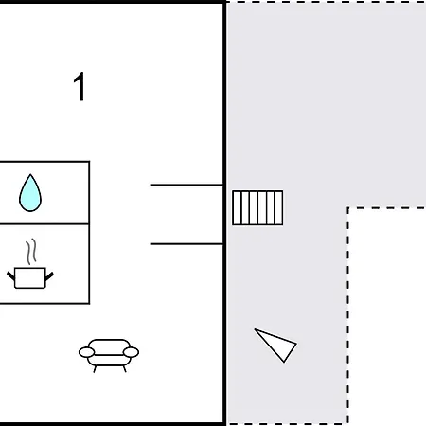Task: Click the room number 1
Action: click(80, 86)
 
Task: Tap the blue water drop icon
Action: click(30, 193)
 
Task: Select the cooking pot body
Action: click(30, 278)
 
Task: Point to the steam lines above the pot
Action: click(31, 252)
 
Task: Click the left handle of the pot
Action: click(10, 276)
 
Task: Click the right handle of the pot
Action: click(49, 276)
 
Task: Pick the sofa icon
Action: click(109, 356)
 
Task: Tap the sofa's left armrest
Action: click(86, 352)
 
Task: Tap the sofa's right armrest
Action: click(131, 352)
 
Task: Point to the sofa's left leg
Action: click(95, 369)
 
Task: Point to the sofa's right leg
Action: click(124, 369)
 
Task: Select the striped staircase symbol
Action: click(257, 207)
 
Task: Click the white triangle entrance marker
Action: click(276, 345)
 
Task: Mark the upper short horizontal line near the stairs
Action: click(186, 185)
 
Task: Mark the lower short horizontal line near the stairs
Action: click(186, 244)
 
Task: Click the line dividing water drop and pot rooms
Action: click(44, 223)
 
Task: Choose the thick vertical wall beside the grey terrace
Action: click(224, 213)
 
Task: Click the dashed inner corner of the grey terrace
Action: click(347, 208)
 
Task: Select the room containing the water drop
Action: click(44, 192)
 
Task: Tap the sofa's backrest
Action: click(109, 344)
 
